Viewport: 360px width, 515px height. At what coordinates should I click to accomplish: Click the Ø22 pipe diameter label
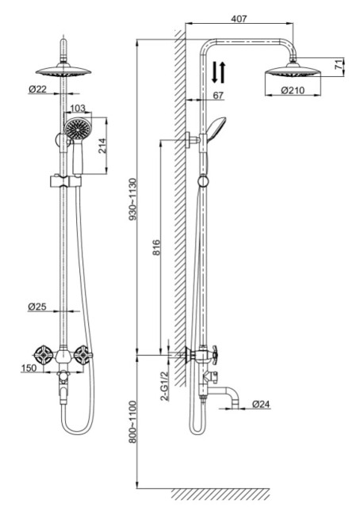tap(38, 90)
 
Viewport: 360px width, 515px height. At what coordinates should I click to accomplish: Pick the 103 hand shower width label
tap(78, 108)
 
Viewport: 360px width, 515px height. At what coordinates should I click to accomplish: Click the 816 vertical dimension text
tap(156, 250)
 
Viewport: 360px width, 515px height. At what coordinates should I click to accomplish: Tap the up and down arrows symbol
tap(219, 73)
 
